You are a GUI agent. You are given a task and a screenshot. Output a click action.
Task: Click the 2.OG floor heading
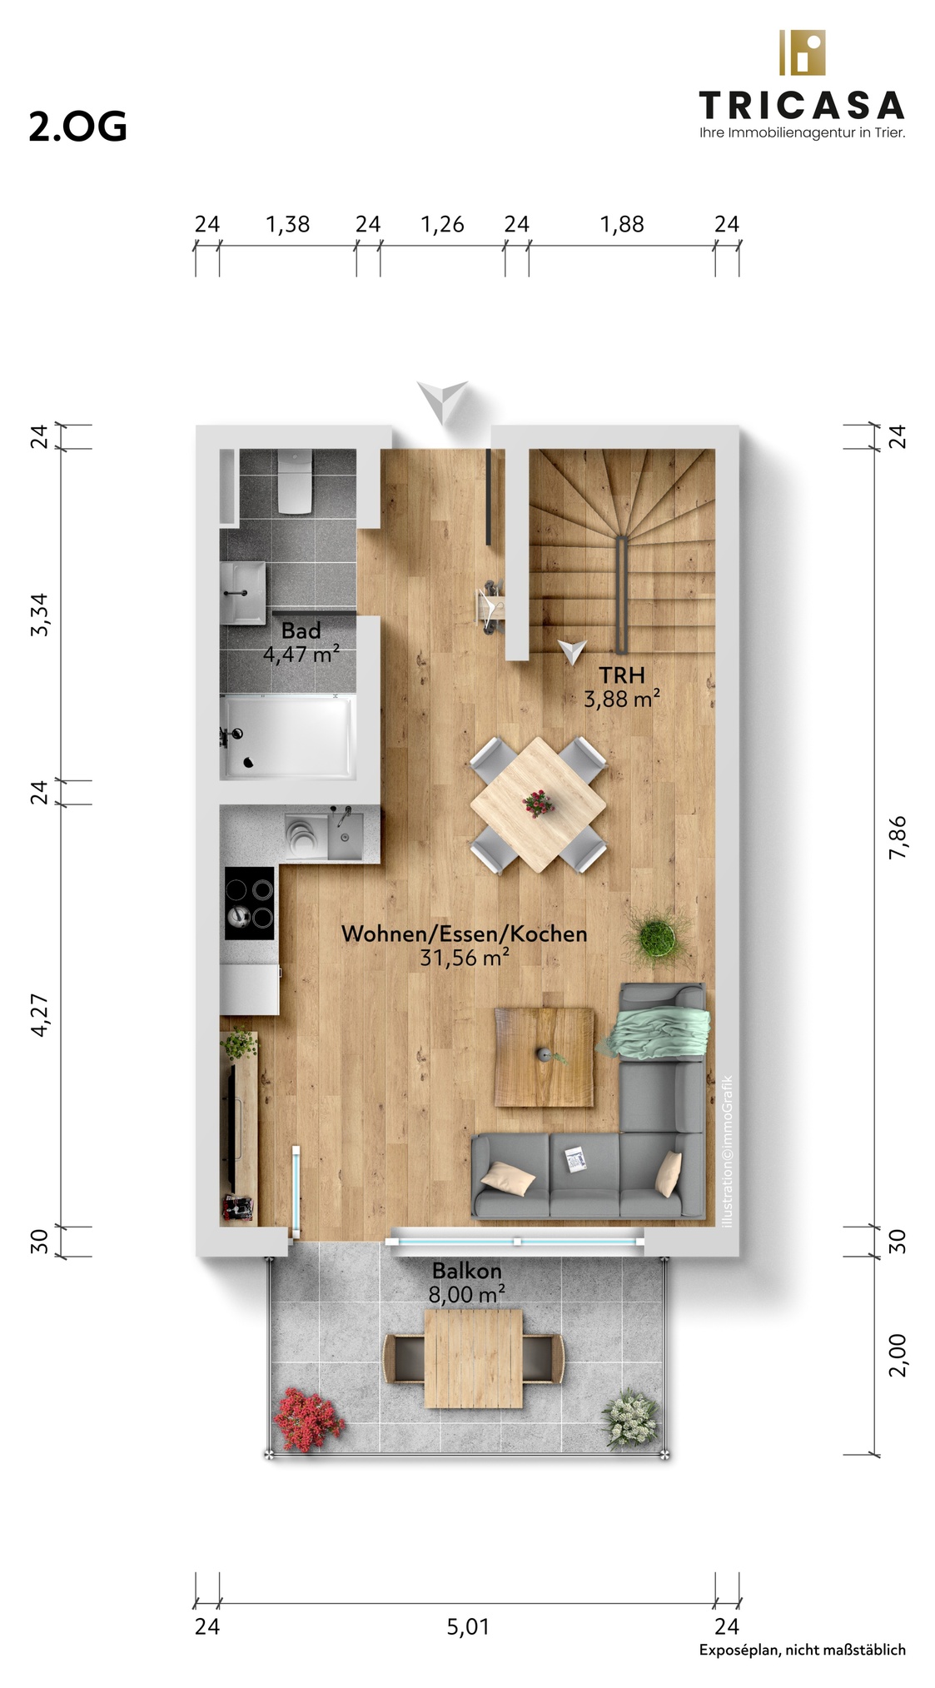pyautogui.click(x=77, y=127)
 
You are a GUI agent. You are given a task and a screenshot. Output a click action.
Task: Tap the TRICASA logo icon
pyautogui.click(x=801, y=52)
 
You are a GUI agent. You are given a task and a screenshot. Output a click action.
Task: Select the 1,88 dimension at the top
pyautogui.click(x=622, y=224)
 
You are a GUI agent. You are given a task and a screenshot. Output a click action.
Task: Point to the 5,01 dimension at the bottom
pyautogui.click(x=468, y=1626)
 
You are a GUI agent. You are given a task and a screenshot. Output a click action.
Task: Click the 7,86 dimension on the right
pyautogui.click(x=898, y=837)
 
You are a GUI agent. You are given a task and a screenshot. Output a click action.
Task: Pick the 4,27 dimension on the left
pyautogui.click(x=39, y=1015)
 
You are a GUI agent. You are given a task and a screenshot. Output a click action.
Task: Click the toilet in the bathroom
pyautogui.click(x=295, y=481)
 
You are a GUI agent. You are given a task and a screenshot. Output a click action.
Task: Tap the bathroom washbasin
pyautogui.click(x=243, y=592)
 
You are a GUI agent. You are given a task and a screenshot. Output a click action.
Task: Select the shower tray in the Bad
pyautogui.click(x=288, y=737)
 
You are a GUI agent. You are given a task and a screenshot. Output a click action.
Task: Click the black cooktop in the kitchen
pyautogui.click(x=250, y=903)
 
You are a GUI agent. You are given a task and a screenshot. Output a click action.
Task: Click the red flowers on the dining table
pyautogui.click(x=539, y=804)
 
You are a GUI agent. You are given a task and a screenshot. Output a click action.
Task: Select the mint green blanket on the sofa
pyautogui.click(x=660, y=1032)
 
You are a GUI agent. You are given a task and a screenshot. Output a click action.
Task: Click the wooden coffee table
pyautogui.click(x=545, y=1057)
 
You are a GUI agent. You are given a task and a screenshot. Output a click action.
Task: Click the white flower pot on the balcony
pyautogui.click(x=631, y=1418)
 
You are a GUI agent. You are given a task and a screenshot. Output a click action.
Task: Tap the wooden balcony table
pyautogui.click(x=474, y=1358)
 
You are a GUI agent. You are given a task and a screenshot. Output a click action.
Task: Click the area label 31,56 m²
pyautogui.click(x=465, y=958)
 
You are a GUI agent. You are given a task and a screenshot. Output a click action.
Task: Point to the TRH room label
pyautogui.click(x=622, y=675)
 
